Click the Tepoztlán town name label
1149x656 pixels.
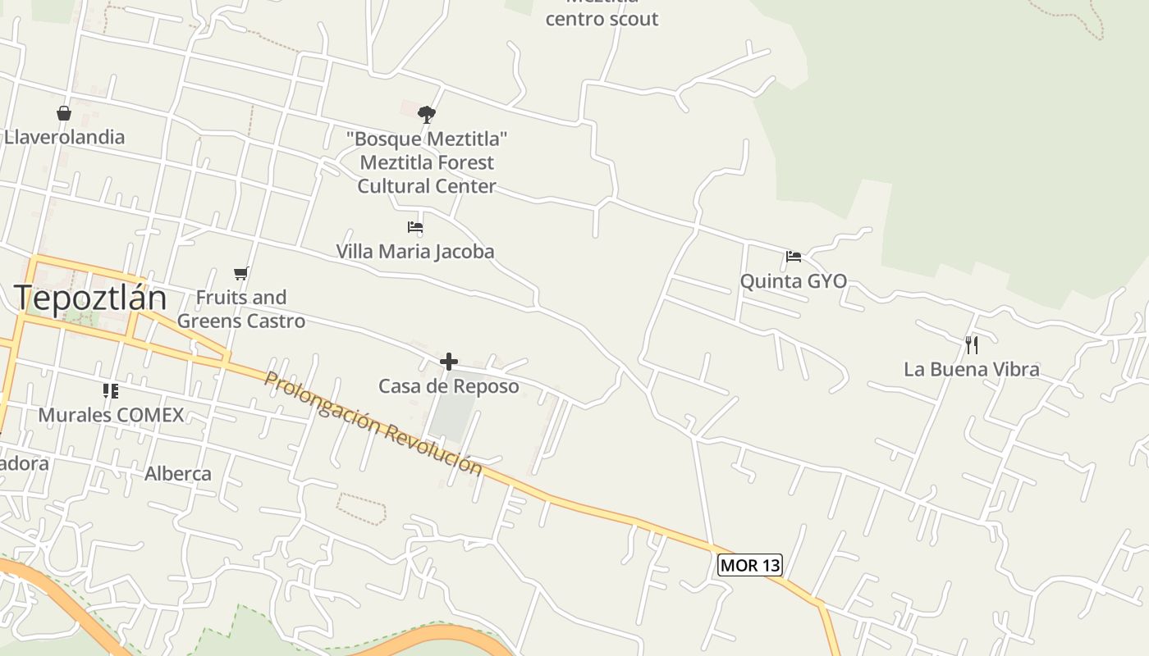(90, 297)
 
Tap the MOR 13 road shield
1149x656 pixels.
(749, 565)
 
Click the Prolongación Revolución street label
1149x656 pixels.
(373, 423)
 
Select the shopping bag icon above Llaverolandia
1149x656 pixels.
(64, 113)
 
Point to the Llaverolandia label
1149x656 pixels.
(64, 137)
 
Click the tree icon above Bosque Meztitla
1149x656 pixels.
(426, 114)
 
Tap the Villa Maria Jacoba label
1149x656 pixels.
(415, 251)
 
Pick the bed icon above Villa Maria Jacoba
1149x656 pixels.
(415, 227)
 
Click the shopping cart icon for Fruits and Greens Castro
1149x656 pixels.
(240, 273)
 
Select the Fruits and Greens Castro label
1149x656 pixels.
(241, 309)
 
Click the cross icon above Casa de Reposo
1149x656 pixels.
(449, 361)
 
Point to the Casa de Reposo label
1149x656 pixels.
(449, 386)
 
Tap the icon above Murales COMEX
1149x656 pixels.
(111, 391)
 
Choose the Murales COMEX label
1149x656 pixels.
(111, 415)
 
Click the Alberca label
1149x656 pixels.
(178, 474)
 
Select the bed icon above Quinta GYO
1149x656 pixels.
(793, 257)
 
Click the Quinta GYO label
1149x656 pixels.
(793, 281)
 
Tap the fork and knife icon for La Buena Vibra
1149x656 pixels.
(972, 344)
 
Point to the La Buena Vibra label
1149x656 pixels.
(972, 369)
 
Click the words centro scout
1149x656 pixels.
(602, 19)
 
